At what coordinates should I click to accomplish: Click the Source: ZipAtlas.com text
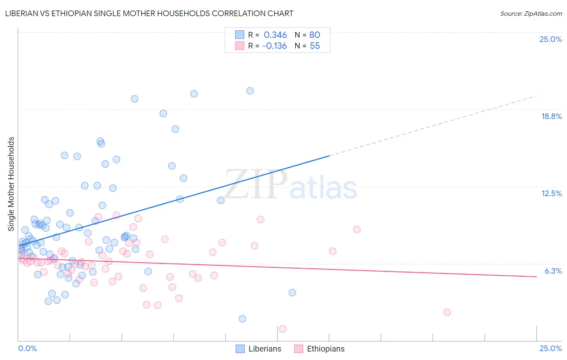point(531,13)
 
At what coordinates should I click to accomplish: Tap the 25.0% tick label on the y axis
point(550,39)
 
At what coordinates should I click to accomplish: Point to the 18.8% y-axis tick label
point(551,116)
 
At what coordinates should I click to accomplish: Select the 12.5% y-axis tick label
point(551,193)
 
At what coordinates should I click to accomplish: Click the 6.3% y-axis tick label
point(553,271)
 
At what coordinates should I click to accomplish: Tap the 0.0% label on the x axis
point(27,348)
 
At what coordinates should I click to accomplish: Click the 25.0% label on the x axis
point(550,348)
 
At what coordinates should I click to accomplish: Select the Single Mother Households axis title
point(11,184)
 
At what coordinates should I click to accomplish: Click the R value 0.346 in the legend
point(275,35)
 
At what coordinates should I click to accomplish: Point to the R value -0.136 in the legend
point(274,46)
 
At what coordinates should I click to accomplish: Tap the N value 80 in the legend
point(315,35)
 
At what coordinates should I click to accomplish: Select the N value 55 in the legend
point(315,46)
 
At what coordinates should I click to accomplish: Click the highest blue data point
point(250,91)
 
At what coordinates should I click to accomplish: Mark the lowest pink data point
point(283,329)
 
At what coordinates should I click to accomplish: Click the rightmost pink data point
point(447,312)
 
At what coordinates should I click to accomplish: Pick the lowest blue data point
point(242,319)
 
